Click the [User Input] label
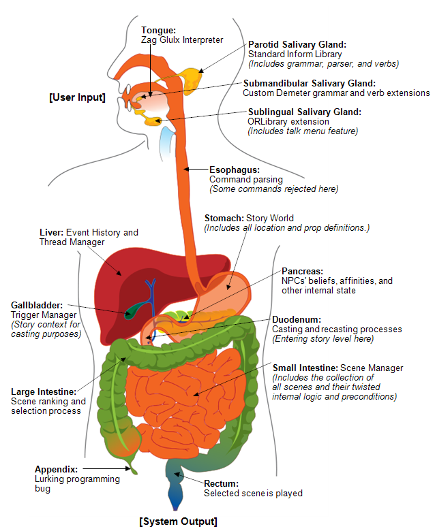coord(77,97)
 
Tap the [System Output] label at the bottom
coord(179,521)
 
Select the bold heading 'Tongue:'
coord(158,30)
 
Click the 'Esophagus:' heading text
coord(235,170)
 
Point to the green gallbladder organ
coord(133,311)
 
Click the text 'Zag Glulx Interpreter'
coord(182,40)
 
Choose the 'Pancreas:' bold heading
coord(303,271)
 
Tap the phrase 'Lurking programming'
coord(77,479)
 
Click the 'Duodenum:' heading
coord(297,320)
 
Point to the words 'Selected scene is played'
coord(253,493)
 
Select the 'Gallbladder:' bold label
coord(37,305)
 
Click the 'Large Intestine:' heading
coord(44,392)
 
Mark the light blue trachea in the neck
coord(167,143)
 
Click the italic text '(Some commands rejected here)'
coord(273,189)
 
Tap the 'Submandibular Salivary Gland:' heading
coord(310,83)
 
